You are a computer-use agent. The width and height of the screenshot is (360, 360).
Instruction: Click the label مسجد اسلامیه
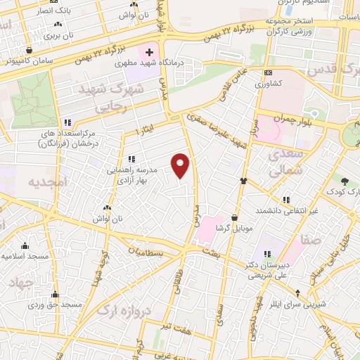click(x=25, y=256)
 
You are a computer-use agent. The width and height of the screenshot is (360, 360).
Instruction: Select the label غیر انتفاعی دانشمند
click(x=290, y=211)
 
